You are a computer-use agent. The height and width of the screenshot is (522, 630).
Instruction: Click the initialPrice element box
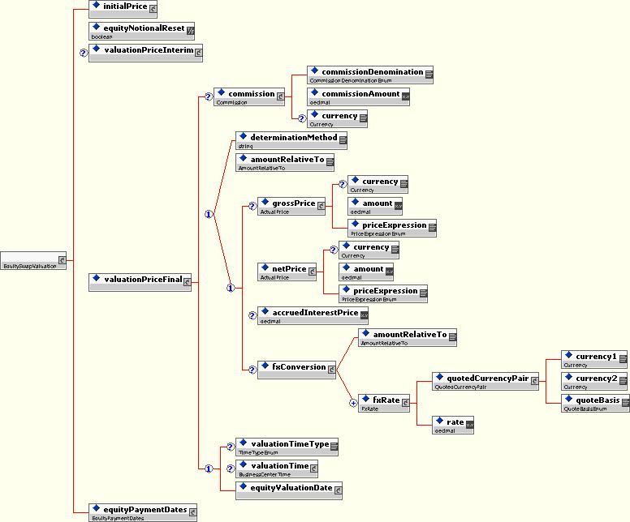(123, 8)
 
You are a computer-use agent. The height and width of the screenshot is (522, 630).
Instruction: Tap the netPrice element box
(287, 271)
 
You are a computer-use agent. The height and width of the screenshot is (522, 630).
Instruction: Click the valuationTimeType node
(287, 446)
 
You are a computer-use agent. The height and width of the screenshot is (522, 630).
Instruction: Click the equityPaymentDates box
(143, 511)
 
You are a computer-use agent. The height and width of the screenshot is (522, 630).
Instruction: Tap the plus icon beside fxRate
(352, 402)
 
